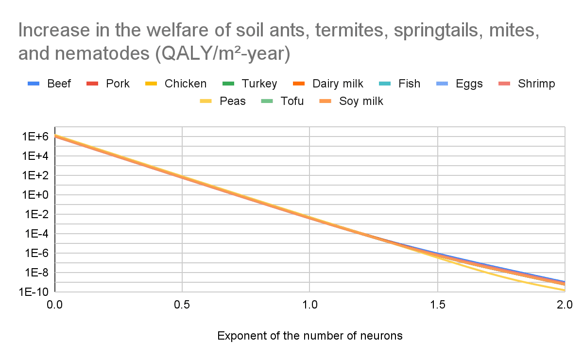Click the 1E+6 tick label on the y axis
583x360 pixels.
point(34,137)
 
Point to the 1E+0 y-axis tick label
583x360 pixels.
point(34,195)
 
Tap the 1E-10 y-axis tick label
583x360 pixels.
point(33,291)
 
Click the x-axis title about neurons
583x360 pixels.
point(309,336)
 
